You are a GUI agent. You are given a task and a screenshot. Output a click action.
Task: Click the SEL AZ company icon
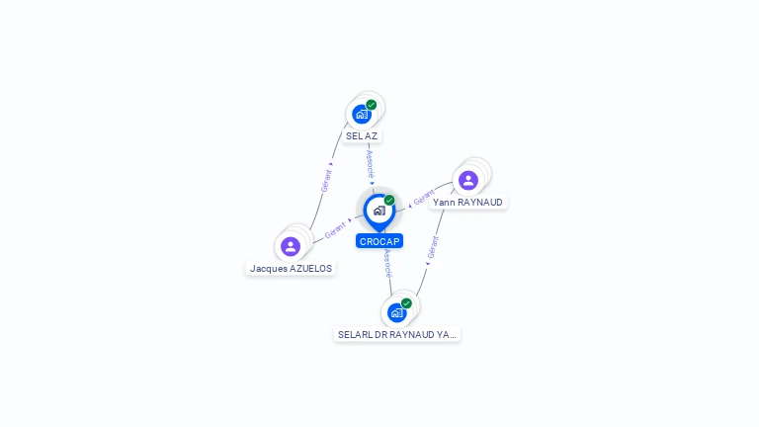[362, 114]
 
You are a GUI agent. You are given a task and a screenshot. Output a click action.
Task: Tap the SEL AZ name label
[362, 136]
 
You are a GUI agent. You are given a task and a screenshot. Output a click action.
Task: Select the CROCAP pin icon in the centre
[379, 210]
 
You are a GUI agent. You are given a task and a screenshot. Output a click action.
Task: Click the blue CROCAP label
[379, 241]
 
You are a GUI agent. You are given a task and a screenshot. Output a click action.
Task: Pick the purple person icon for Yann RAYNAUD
[468, 180]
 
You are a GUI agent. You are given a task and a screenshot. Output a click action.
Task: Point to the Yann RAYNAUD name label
[467, 203]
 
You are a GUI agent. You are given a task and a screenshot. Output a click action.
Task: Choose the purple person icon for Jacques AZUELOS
[291, 246]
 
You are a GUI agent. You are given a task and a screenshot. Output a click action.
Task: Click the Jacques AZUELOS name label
[291, 269]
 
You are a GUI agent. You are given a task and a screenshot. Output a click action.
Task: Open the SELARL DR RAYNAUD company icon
[396, 312]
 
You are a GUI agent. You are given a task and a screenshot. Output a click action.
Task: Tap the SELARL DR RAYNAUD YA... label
[397, 335]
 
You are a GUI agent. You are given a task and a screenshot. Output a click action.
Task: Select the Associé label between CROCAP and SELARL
[387, 263]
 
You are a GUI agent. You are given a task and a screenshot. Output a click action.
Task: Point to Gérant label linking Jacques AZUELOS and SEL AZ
[326, 179]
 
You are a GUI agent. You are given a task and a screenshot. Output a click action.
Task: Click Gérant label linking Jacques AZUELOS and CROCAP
[335, 230]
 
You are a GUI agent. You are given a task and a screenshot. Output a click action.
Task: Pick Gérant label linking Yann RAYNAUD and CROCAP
[424, 198]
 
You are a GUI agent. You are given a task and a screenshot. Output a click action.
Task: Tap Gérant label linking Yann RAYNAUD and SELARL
[432, 247]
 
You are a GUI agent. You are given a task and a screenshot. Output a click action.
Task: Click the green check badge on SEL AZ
[372, 105]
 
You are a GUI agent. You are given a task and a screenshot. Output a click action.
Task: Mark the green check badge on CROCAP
[389, 200]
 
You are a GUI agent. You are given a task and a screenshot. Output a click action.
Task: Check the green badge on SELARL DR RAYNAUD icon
[406, 303]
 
